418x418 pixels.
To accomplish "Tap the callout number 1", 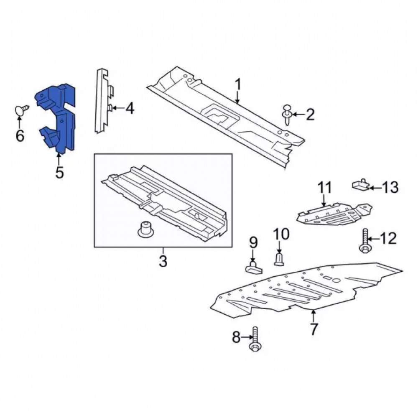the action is click(238, 84).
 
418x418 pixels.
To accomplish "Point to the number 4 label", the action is click(130, 109).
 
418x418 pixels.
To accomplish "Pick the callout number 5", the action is click(59, 172).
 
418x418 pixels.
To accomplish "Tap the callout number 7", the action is click(313, 329).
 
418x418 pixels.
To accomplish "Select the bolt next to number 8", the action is click(255, 339).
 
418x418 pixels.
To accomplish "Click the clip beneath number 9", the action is click(254, 268).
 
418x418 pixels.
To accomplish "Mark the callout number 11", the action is click(324, 187).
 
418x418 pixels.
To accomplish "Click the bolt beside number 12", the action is click(365, 241).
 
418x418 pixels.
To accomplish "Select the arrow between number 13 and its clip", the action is click(375, 188).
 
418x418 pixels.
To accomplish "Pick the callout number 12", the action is click(388, 238).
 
